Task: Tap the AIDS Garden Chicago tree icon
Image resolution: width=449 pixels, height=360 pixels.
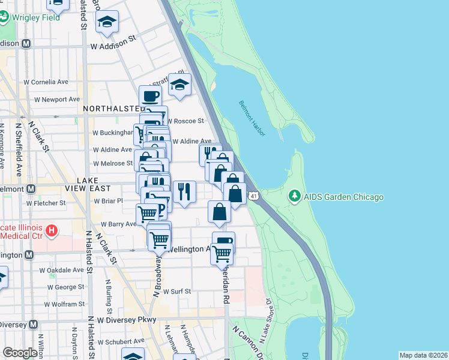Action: [294, 196]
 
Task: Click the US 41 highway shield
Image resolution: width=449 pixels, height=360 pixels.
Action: [255, 196]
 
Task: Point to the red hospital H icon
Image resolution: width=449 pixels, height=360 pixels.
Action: [52, 230]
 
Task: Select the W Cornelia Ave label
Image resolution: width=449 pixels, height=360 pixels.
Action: [46, 82]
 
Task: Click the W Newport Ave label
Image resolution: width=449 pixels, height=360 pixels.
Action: [57, 99]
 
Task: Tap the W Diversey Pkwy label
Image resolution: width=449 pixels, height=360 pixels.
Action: [127, 319]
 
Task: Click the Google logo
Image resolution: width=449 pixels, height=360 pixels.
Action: [20, 353]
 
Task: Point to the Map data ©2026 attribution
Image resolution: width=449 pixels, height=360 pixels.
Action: [423, 355]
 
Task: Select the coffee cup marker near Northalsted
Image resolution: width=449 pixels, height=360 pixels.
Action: [150, 95]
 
